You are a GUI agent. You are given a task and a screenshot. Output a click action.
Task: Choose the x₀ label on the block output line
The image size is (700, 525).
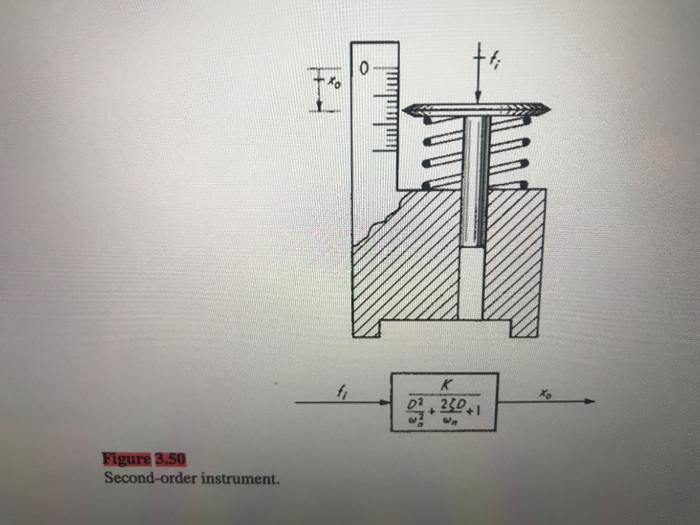tap(543, 393)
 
